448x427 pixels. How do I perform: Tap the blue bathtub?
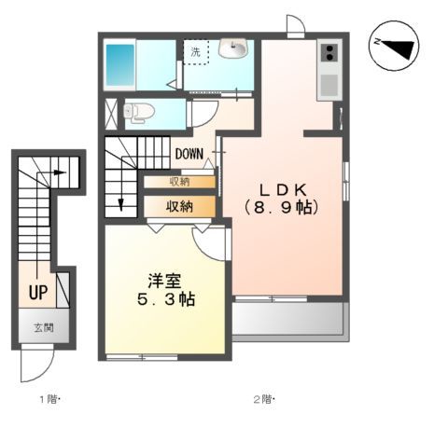[x=121, y=62]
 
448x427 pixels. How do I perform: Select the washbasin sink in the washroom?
[x=232, y=48]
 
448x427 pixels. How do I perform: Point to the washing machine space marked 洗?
[x=196, y=54]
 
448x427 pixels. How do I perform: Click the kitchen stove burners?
[x=329, y=56]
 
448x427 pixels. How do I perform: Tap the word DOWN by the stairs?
[x=189, y=154]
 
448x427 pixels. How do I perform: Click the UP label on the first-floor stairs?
[x=38, y=292]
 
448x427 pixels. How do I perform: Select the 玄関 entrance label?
[x=43, y=327]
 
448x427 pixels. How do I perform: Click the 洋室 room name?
[x=164, y=280]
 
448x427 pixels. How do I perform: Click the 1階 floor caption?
[x=48, y=400]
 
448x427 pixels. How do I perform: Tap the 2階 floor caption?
[x=260, y=400]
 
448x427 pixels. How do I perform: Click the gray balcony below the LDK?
[x=288, y=320]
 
